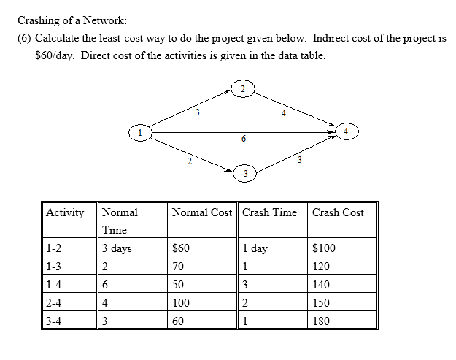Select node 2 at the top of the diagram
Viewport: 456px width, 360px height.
click(244, 90)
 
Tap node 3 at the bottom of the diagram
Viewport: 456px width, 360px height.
click(245, 174)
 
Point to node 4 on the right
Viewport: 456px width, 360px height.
click(348, 132)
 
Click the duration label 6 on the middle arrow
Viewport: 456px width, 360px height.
click(243, 139)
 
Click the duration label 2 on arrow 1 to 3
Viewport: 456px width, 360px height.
click(188, 161)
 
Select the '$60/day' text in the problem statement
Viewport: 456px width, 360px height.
click(55, 55)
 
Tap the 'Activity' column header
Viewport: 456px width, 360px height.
click(65, 212)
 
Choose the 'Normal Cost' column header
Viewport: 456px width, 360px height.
click(202, 212)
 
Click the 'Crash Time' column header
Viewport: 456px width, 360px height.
click(269, 212)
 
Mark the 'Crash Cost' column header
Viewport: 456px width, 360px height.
click(338, 212)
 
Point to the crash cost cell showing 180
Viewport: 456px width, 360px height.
click(321, 321)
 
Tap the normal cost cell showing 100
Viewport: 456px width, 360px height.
click(181, 303)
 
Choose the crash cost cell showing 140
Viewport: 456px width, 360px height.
click(321, 285)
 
